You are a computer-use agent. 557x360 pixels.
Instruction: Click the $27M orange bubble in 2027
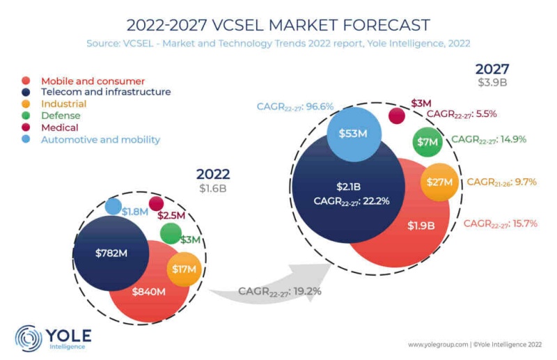(x=439, y=182)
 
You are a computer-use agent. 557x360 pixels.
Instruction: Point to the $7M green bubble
(x=427, y=141)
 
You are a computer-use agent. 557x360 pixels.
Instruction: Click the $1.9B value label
(x=421, y=226)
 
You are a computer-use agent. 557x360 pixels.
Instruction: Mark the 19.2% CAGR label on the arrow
(x=279, y=291)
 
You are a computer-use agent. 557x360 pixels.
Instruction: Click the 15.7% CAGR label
(x=499, y=224)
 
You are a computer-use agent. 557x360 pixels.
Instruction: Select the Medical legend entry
(x=60, y=127)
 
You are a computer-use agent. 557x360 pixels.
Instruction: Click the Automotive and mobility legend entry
(x=100, y=139)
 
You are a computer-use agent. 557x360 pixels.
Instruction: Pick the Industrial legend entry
(x=64, y=104)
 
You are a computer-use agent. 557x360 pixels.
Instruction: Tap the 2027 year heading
(x=492, y=69)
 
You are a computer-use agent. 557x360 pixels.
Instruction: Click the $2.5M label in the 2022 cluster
(x=171, y=216)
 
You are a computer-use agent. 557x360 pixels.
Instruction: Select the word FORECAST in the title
(x=380, y=25)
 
